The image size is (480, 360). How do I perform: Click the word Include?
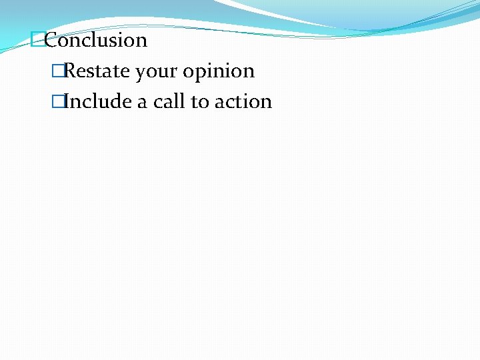coord(98,101)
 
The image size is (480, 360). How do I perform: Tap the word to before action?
coord(200,101)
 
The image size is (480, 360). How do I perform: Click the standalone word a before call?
coord(142,102)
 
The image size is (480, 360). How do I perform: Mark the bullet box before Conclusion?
coord(38,40)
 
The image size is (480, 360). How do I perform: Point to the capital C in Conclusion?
coord(52,40)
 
